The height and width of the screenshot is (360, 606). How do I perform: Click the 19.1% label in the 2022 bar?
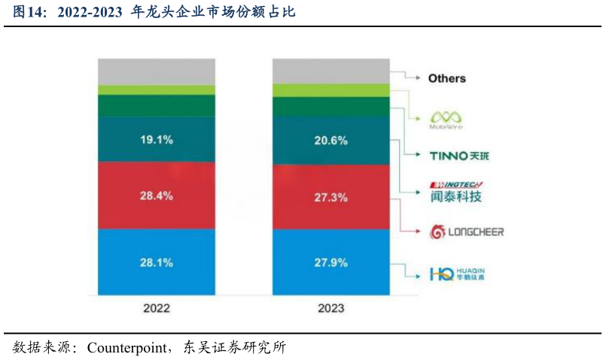click(x=157, y=139)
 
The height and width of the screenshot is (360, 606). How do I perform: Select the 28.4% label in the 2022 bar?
click(x=157, y=196)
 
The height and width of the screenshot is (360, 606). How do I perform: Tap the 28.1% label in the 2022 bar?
click(x=157, y=263)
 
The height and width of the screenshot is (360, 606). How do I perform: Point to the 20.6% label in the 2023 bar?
click(x=331, y=139)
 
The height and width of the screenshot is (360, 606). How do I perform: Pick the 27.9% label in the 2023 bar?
click(x=331, y=263)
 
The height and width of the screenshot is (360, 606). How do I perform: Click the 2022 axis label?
click(x=157, y=308)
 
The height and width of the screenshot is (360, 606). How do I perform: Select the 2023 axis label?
click(x=331, y=308)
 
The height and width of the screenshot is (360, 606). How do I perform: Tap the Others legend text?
click(x=447, y=78)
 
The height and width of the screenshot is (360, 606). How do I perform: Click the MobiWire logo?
click(x=446, y=118)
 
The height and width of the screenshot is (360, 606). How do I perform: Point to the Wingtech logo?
click(x=455, y=191)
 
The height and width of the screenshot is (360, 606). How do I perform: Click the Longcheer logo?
click(x=466, y=232)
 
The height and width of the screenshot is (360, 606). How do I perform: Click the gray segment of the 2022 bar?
click(x=157, y=71)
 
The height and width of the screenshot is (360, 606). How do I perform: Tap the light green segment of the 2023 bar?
click(x=331, y=90)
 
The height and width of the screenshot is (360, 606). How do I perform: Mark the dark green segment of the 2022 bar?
click(x=157, y=105)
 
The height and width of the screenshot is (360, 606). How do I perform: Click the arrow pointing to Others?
click(x=407, y=77)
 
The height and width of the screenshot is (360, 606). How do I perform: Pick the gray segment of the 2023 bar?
click(x=331, y=71)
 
